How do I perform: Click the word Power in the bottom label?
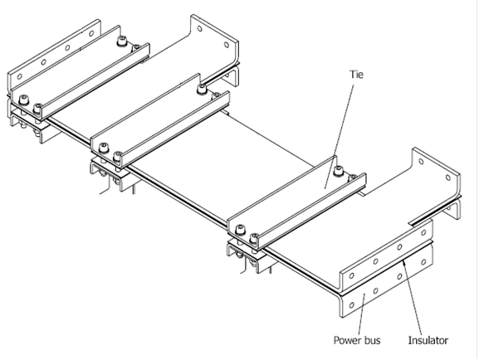pyautogui.click(x=347, y=340)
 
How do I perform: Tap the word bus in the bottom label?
pyautogui.click(x=373, y=340)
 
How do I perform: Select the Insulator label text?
pyautogui.click(x=428, y=340)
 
